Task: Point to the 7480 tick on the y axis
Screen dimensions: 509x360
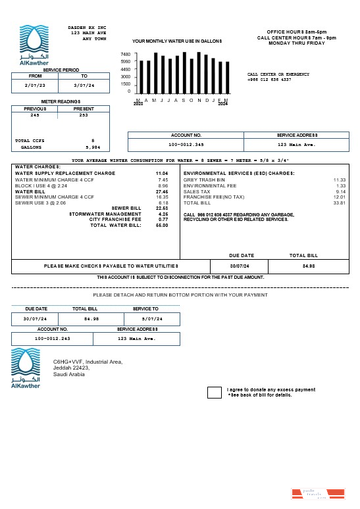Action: [x=125, y=54]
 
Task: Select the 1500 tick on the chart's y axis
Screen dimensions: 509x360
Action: [x=125, y=84]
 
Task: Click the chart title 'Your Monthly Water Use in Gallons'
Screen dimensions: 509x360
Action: [x=177, y=41]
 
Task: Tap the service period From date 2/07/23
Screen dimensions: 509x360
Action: [x=35, y=85]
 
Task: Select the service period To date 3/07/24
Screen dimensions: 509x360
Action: [x=84, y=85]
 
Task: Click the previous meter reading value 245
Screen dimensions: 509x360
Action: [x=34, y=115]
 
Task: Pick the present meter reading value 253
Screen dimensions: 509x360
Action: [x=84, y=115]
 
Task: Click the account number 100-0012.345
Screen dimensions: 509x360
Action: [x=186, y=144]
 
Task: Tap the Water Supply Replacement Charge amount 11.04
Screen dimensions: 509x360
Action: [x=161, y=173]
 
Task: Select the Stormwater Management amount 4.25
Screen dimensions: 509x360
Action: [x=163, y=214]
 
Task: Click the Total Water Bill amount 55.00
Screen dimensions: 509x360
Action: [x=162, y=225]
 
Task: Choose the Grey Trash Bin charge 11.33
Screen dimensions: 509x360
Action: [x=339, y=180]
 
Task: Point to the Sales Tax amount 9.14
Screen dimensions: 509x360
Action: [x=340, y=191]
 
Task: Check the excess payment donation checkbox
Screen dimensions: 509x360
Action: [x=215, y=393]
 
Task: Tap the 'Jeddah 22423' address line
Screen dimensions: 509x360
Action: [x=71, y=368]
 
